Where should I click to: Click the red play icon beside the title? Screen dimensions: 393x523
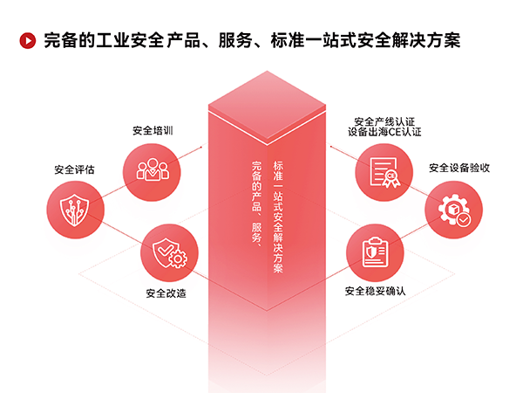tap(26, 40)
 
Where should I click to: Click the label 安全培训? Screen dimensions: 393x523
tap(153, 130)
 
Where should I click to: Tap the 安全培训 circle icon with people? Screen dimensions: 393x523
tap(151, 169)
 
